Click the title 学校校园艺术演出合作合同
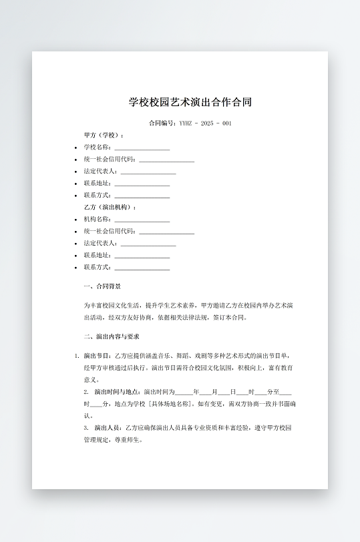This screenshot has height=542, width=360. pos(190,103)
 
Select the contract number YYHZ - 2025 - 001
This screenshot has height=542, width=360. pos(205,123)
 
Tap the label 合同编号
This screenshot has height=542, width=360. pos(162,123)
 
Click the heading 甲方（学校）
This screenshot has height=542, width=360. pos(104,135)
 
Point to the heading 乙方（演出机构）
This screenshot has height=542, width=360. pos(110,208)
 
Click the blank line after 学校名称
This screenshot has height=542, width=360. pos(142,148)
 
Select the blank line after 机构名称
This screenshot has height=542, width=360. pos(142,220)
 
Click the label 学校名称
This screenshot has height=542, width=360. pos(97,147)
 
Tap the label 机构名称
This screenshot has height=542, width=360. pos(97,219)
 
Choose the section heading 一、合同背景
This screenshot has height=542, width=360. pos(102,286)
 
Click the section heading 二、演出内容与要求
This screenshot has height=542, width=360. pos(112,336)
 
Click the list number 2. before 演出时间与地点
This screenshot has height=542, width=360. pos(86,392)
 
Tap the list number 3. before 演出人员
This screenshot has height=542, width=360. pos(86,427)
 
